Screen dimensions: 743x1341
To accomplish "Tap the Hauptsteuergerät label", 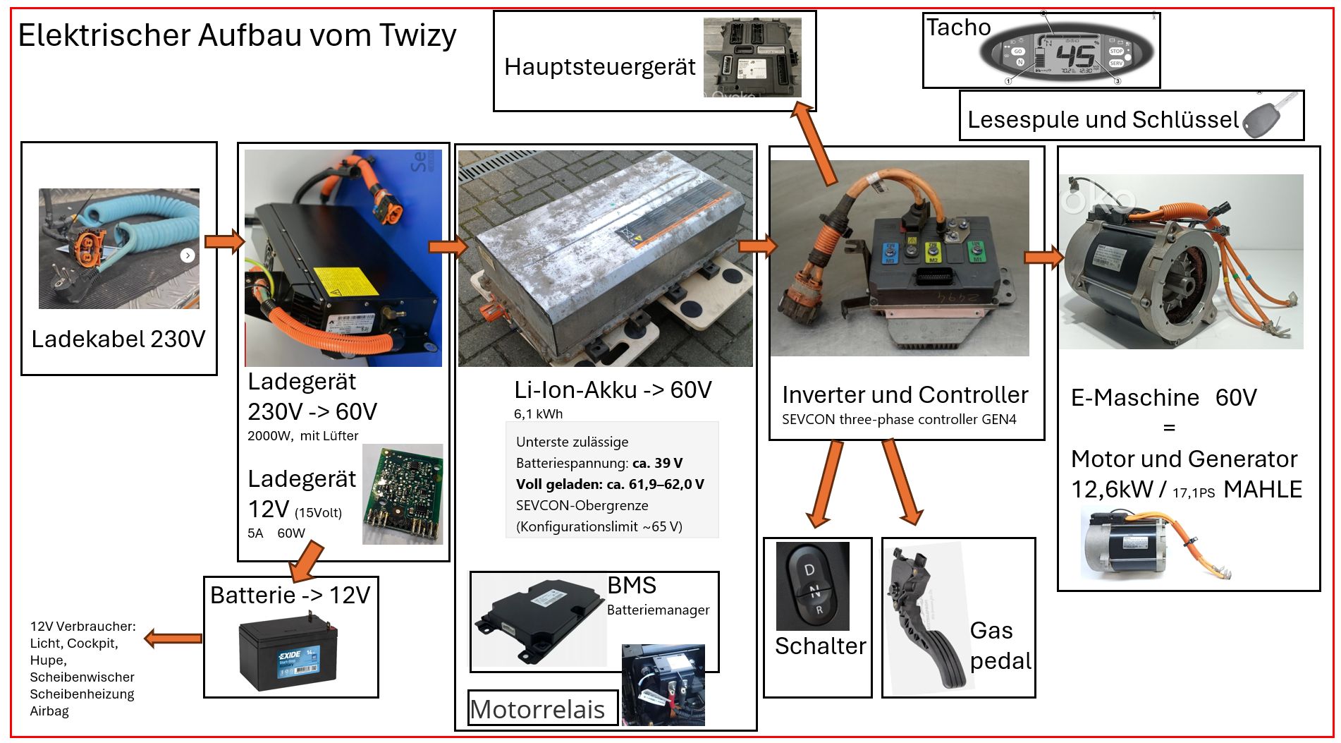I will (599, 67).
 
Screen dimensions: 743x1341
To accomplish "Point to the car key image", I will (1262, 118).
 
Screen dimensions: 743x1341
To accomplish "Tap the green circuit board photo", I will (403, 494).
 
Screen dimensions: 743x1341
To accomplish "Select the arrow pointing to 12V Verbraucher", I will (173, 639).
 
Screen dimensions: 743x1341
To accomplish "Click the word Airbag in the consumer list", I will (49, 711).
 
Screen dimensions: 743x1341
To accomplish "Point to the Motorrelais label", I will (537, 709).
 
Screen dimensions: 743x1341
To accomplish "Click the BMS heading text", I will (632, 585).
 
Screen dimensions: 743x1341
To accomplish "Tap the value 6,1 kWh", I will (538, 414).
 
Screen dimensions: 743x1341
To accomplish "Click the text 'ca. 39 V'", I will (657, 464).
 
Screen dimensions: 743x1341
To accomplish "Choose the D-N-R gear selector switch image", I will (812, 586).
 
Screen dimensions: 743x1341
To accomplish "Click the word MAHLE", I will (1263, 490).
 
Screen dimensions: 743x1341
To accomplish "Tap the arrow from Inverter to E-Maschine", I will (1043, 257).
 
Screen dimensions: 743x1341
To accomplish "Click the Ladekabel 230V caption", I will (118, 339).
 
